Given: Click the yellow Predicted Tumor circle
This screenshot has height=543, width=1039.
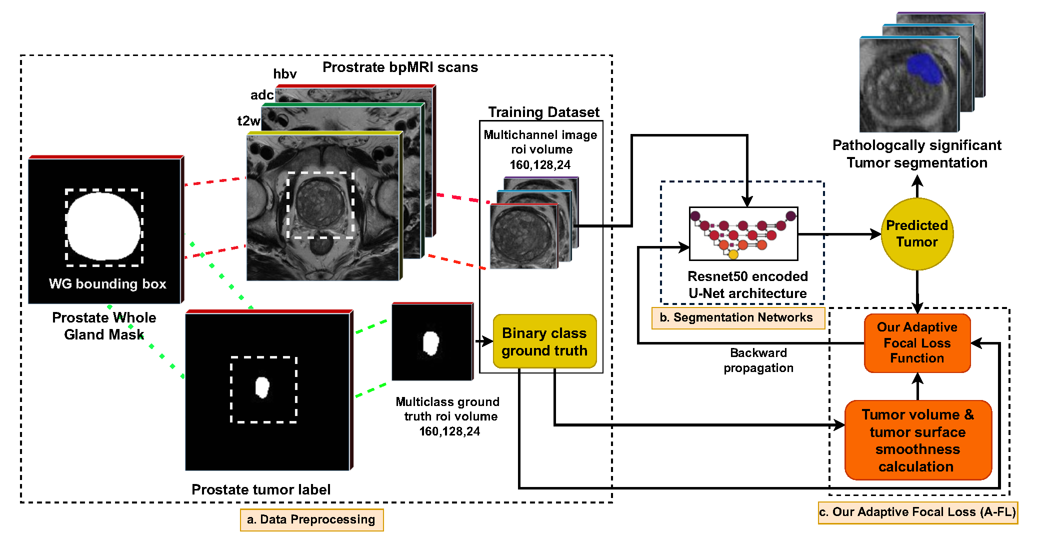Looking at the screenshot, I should point(916,234).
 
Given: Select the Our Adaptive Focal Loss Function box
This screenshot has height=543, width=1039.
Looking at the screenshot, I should point(917,343).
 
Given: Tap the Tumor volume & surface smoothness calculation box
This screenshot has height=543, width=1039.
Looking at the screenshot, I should point(918,440).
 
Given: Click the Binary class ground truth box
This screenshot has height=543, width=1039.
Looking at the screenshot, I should point(544,341).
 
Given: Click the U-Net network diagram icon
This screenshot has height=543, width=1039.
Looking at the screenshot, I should point(743,233).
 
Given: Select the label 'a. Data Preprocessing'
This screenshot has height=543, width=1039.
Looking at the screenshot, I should point(311,519).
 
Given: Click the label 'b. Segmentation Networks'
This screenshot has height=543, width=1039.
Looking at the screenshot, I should point(738,317).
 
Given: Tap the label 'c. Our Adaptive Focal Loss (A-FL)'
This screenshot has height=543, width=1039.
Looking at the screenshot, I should point(917,512).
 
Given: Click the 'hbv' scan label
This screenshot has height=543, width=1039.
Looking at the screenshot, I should point(285,74).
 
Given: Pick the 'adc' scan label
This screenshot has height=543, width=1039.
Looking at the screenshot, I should point(261,95).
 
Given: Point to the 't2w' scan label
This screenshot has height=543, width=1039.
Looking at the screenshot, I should point(248,121).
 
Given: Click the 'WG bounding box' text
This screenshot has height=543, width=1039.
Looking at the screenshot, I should point(107,284).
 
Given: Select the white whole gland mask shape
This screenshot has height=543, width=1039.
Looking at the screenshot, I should point(103,226).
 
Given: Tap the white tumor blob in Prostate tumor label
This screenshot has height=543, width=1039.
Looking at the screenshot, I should point(262,386).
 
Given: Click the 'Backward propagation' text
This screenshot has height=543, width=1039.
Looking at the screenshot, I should point(758,360).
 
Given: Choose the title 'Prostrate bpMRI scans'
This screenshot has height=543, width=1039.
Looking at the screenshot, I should point(400,67).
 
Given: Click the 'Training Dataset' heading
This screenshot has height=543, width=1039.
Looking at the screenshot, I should point(543,112).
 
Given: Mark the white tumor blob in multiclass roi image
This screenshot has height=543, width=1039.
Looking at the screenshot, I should point(430,342).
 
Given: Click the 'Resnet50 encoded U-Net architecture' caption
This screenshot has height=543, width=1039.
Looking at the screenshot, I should point(747,284).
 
